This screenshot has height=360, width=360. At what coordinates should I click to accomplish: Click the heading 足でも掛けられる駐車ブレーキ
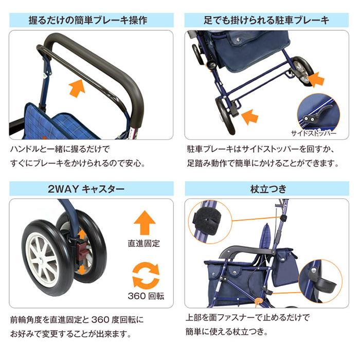click(x=267, y=20)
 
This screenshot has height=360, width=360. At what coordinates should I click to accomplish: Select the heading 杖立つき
click(x=267, y=189)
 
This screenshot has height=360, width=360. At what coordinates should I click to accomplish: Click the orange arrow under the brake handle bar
click(x=77, y=87)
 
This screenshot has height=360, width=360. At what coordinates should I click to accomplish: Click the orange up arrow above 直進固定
click(x=144, y=224)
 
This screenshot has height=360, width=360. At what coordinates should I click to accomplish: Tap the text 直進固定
click(x=144, y=243)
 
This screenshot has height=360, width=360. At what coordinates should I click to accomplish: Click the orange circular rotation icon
click(x=145, y=275)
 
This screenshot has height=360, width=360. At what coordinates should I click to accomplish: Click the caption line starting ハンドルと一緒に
click(x=60, y=150)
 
